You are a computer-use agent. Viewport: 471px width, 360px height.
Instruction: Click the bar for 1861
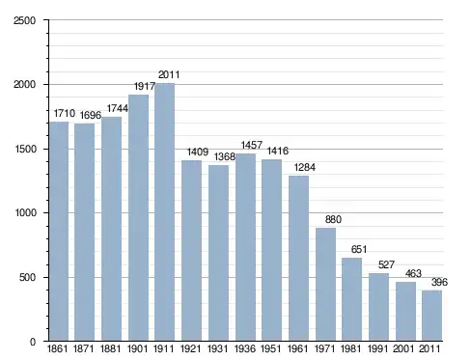click(59, 232)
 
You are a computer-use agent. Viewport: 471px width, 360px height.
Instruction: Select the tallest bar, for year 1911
click(165, 212)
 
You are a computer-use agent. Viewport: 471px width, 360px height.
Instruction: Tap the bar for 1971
click(325, 285)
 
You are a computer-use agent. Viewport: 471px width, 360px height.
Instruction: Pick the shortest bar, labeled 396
click(432, 316)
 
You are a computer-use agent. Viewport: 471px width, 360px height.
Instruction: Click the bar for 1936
click(245, 247)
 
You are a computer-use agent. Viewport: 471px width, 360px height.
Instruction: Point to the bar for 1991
click(378, 307)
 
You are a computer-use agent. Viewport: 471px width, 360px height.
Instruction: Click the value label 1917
click(145, 86)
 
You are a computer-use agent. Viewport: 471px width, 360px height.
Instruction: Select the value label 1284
click(305, 167)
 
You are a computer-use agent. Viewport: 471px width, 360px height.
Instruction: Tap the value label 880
click(333, 219)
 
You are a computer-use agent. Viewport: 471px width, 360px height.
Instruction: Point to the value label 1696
click(91, 115)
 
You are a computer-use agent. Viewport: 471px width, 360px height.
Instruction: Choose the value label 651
click(359, 249)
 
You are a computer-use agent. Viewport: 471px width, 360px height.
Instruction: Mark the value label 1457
click(252, 145)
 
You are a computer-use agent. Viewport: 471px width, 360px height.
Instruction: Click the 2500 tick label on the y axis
click(24, 20)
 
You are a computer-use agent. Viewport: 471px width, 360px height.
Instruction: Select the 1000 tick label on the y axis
click(25, 213)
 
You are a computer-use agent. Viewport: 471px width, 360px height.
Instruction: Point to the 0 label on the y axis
click(33, 342)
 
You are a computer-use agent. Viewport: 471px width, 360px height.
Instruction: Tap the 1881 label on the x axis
click(110, 348)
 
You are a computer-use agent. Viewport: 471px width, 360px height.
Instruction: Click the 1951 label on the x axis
click(271, 348)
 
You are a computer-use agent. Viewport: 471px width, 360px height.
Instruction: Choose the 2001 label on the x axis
click(403, 348)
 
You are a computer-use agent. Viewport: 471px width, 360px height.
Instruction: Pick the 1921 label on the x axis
click(190, 348)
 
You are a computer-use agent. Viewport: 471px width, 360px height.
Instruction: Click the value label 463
click(413, 273)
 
